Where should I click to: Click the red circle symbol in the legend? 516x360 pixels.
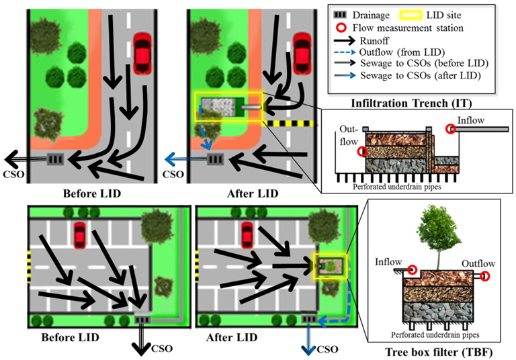346,28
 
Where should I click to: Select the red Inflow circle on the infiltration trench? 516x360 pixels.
452,130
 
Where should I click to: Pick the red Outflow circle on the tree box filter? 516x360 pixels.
485,276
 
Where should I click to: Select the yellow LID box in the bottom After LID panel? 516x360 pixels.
329,266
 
